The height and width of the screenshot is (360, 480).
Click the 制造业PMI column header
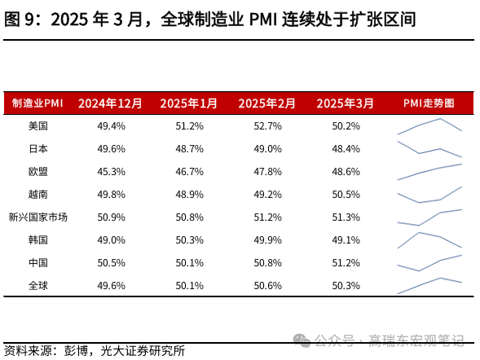(37, 103)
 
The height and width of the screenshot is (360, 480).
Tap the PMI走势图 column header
(429, 103)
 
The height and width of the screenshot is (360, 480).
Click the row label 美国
(37, 126)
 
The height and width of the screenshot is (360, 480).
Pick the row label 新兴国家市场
(37, 217)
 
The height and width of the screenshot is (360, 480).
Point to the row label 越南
(37, 195)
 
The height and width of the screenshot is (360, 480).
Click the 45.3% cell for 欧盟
(111, 172)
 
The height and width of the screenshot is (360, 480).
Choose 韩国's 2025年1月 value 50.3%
(189, 240)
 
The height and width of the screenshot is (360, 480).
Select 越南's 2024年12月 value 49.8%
(111, 195)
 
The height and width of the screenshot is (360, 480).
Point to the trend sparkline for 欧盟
(429, 172)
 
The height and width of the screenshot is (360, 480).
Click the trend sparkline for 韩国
(429, 240)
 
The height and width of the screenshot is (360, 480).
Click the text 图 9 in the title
(20, 19)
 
